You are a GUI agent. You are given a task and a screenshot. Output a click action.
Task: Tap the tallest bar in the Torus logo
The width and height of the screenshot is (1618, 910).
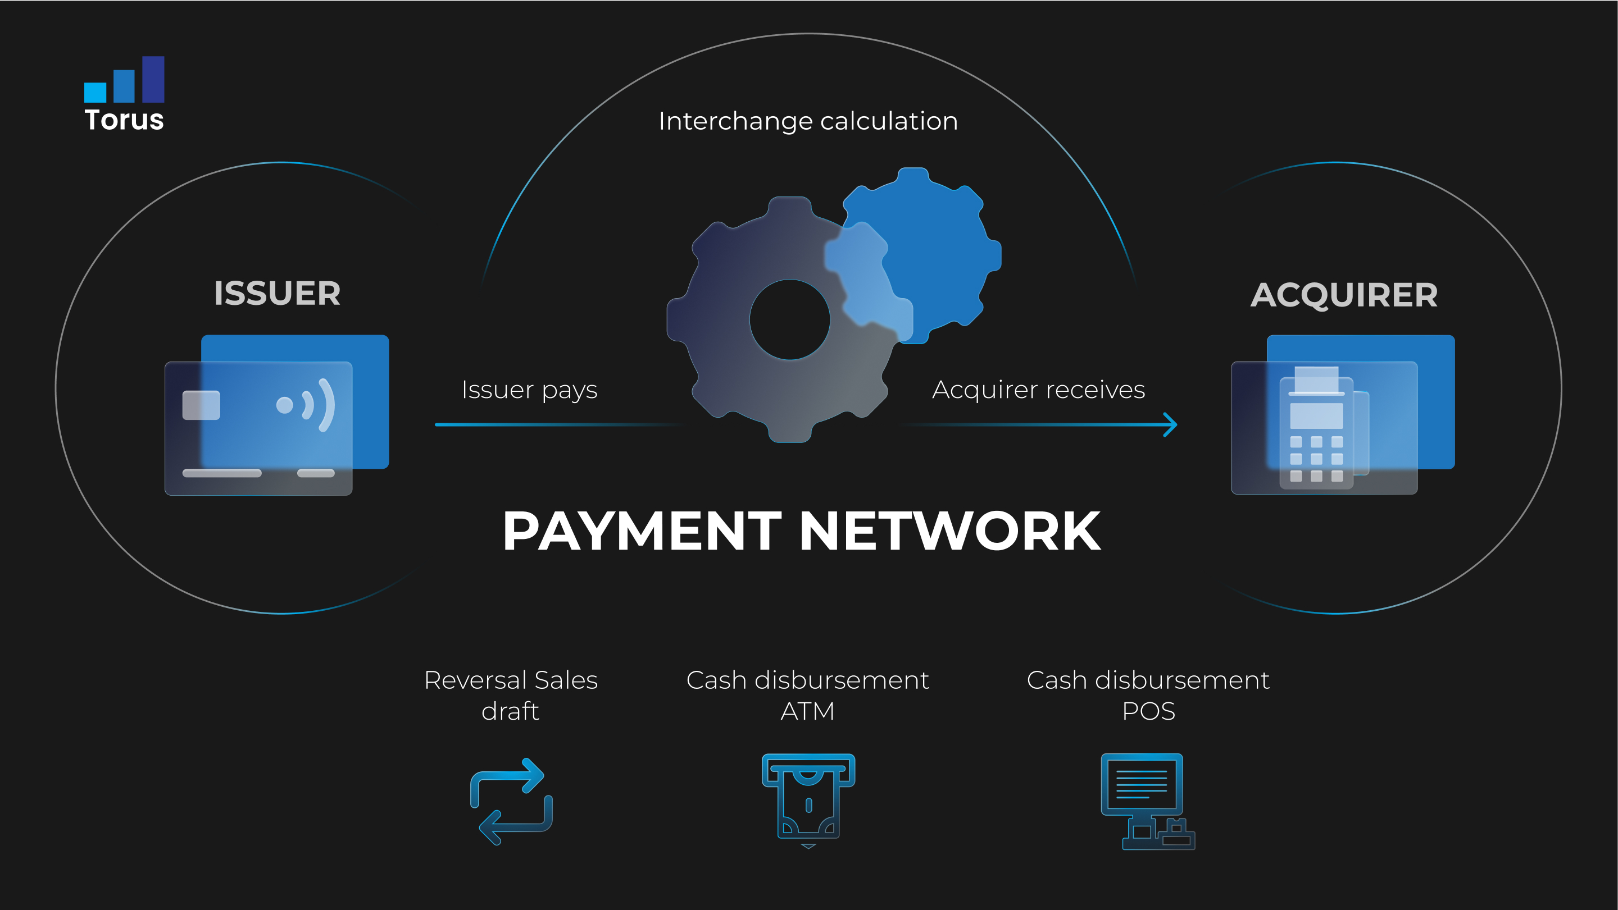[153, 79]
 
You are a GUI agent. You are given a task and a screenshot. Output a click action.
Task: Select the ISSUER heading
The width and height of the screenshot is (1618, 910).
[277, 293]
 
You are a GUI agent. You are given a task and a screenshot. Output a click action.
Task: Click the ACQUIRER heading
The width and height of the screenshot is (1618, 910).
[1344, 294]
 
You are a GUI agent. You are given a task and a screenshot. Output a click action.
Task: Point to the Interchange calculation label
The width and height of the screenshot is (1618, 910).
[808, 121]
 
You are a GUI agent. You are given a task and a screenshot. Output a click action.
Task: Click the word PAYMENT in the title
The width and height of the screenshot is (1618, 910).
[642, 531]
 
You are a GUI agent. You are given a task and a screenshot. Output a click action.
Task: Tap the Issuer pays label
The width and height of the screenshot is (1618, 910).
[529, 390]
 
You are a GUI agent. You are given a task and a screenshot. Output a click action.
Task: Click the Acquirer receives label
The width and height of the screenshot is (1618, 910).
[1039, 390]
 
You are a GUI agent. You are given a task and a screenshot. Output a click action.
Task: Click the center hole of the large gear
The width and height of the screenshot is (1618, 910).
[789, 319]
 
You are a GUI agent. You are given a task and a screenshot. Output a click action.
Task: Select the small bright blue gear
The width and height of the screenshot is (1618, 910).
[914, 255]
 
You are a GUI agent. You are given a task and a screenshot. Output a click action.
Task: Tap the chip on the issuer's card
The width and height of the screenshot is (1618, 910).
[201, 405]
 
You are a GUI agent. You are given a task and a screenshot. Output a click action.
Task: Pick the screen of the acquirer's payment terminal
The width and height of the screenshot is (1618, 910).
[1316, 415]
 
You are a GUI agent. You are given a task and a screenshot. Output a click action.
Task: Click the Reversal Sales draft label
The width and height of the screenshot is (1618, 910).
[511, 696]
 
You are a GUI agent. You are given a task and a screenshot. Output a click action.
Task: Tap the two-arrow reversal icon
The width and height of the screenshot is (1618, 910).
[511, 802]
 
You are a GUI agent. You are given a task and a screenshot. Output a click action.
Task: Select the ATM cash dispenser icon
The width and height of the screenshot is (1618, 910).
[808, 801]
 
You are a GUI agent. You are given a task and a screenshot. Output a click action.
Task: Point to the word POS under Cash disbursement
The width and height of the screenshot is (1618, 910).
[1148, 711]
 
